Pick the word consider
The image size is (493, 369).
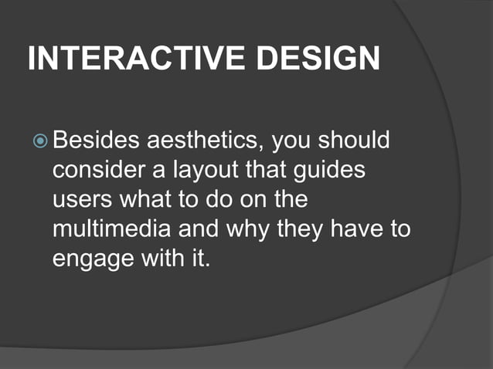tap(93, 171)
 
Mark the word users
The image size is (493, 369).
tap(81, 199)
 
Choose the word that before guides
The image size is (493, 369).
tap(277, 171)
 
